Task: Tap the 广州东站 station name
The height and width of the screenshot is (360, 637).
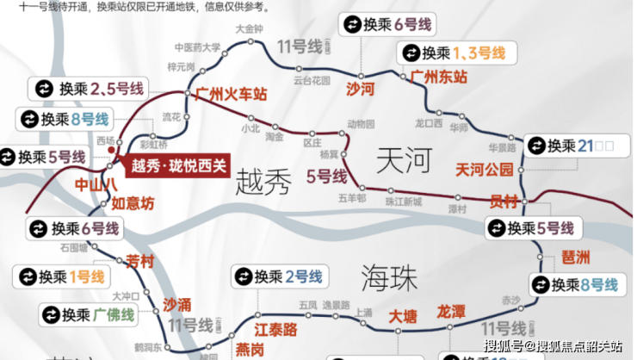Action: pos(439,77)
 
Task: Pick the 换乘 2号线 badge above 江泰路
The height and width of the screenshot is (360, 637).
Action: pos(278,276)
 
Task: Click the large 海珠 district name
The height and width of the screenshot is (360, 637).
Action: pos(388,278)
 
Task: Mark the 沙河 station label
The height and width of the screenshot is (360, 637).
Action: pos(359,88)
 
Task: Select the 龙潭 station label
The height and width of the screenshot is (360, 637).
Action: pos(451,311)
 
